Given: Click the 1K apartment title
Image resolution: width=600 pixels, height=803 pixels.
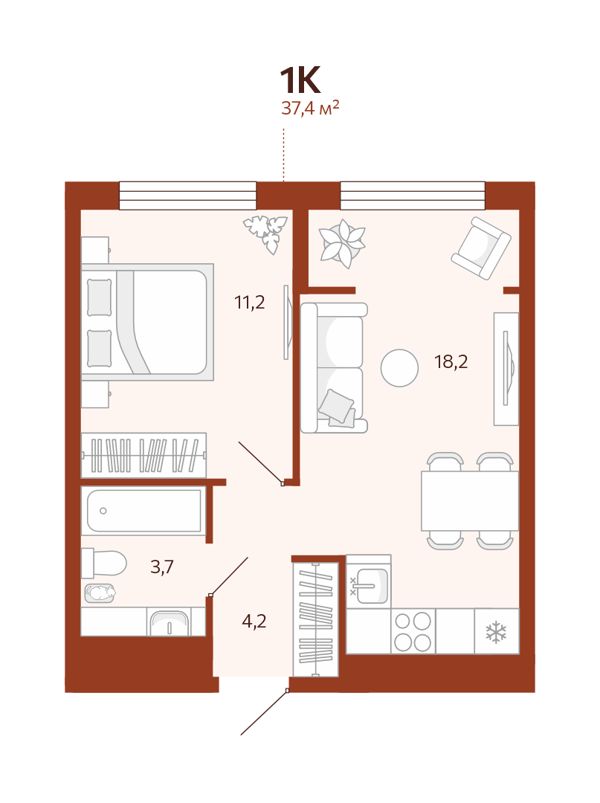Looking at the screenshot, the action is pos(300,80).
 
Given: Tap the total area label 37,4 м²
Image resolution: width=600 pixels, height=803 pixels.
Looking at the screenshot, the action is pos(310,108).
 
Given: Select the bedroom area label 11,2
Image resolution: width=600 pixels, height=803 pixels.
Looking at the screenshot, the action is pos(249,303).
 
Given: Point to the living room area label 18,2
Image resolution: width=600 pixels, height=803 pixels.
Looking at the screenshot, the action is pos(451,362).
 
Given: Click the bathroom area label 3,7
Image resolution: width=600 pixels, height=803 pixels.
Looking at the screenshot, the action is pos(162,567).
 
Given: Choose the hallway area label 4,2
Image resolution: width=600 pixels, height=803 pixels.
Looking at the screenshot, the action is pos(254,621).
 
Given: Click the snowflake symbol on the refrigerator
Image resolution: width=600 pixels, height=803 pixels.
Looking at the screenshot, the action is pos(496,632).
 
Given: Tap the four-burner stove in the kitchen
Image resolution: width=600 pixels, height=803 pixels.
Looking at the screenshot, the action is pos(413,631).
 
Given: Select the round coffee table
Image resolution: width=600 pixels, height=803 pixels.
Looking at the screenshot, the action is pos(399,368).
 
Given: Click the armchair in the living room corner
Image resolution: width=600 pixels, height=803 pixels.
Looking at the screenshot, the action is pos(481,248).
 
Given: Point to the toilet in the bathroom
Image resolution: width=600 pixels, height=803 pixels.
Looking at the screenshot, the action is pos(104,563).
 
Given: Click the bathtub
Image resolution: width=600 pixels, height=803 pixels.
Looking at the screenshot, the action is pos(143,511).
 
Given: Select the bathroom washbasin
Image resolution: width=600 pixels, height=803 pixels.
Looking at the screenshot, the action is pos(169,623).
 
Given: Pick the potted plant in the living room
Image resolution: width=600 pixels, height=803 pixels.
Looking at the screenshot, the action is pos(341,243).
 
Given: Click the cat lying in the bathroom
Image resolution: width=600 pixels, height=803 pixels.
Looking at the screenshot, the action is pos(100,593).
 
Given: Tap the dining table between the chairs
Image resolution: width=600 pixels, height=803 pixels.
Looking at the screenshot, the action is pos(469,501).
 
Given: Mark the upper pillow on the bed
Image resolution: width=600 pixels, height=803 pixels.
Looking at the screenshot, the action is pos(100,297).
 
